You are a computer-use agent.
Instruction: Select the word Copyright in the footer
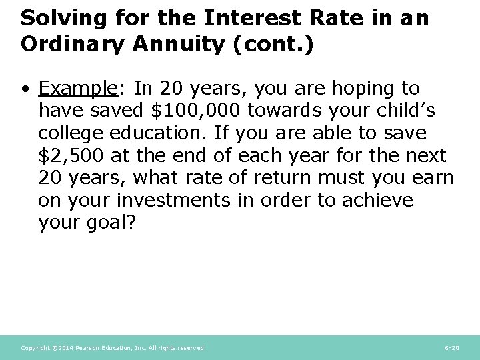point(34,348)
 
